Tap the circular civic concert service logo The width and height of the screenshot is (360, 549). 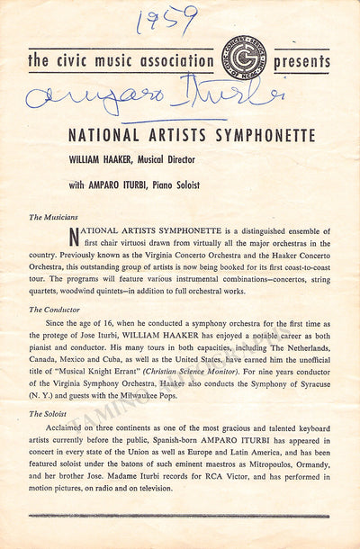[x=244, y=59]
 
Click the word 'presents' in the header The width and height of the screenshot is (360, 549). [x=301, y=63]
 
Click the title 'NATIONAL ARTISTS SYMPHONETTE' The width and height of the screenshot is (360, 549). [x=192, y=137]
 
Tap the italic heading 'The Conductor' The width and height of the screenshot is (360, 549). [x=56, y=309]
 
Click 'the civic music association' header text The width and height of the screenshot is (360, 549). [x=116, y=62]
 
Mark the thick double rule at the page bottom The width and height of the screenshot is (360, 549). [x=179, y=516]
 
